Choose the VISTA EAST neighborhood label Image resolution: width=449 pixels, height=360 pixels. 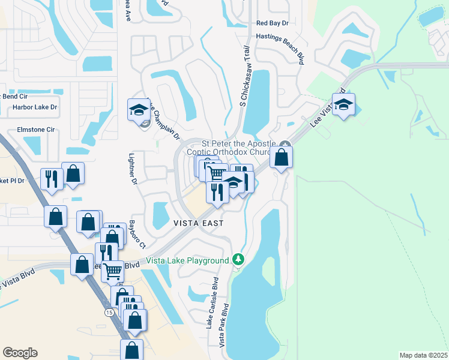(x=198, y=223)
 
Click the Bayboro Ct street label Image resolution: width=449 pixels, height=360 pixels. (x=137, y=235)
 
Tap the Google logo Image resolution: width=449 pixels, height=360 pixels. (x=20, y=353)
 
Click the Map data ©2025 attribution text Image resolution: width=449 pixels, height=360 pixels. (x=423, y=355)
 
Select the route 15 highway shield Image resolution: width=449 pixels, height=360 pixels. (x=108, y=313)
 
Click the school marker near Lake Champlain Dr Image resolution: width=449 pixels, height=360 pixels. (x=138, y=109)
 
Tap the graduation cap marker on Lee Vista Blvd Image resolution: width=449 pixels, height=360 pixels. (x=343, y=104)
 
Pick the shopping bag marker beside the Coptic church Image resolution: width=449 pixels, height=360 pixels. (x=281, y=157)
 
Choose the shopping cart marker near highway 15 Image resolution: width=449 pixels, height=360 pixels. (x=112, y=271)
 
